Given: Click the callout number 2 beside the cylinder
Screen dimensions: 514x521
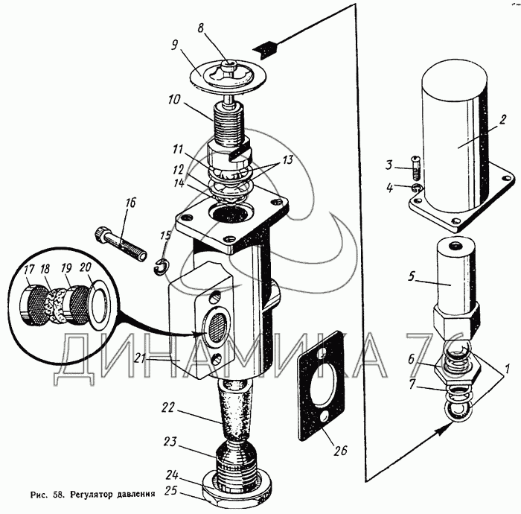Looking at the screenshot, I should [502, 118].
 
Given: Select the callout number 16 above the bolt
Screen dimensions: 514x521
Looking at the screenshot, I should [131, 201].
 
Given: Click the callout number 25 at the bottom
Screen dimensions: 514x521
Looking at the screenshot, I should [171, 492].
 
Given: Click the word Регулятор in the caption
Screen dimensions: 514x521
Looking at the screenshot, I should [98, 493].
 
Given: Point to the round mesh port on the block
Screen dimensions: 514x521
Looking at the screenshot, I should [217, 326].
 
